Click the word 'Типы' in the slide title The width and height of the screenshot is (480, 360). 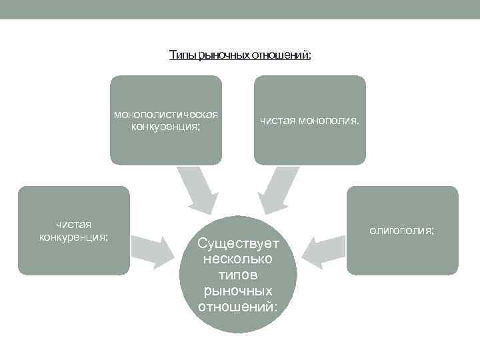(x=182, y=54)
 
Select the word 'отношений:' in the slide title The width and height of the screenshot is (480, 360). (x=281, y=54)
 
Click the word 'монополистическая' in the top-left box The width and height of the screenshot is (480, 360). (x=166, y=114)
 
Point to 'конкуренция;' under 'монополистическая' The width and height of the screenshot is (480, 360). (x=166, y=126)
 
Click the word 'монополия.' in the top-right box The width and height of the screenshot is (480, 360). (x=329, y=121)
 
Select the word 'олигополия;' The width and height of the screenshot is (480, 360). (x=402, y=231)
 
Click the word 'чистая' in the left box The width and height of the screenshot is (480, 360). (x=73, y=225)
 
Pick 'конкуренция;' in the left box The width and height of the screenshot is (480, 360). (x=73, y=237)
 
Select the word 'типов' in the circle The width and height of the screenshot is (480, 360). (x=237, y=275)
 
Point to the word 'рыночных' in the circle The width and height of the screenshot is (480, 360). (x=237, y=291)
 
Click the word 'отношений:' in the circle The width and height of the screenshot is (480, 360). (x=237, y=307)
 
